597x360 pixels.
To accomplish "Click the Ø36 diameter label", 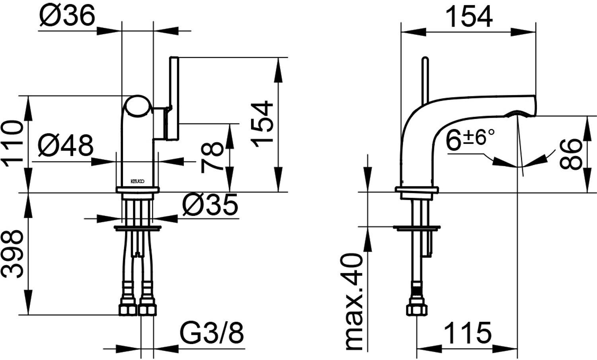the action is (67, 16).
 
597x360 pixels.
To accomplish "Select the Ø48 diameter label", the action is (66, 146).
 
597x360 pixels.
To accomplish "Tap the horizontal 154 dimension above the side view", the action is (469, 17).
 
